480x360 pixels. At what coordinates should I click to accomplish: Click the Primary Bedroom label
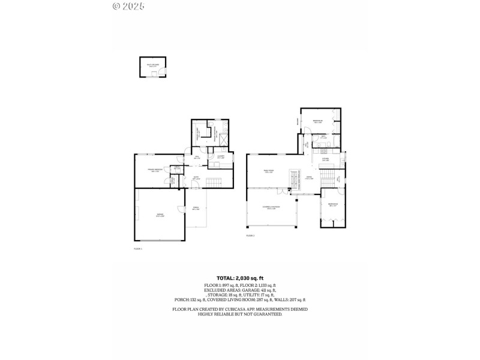point(156,170)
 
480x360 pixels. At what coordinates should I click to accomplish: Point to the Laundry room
point(221,157)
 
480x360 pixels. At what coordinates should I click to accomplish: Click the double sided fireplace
point(294,178)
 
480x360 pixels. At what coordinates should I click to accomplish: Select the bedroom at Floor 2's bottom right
point(332,206)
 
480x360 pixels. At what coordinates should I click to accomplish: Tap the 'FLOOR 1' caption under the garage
point(137,248)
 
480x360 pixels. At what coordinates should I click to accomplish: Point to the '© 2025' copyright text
point(128,6)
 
